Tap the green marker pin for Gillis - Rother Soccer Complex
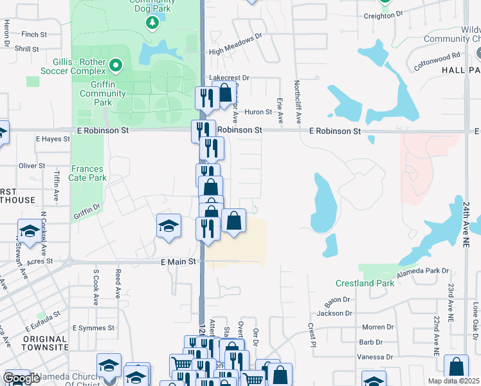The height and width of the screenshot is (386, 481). click(x=116, y=64)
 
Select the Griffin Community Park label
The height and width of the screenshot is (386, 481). click(x=103, y=93)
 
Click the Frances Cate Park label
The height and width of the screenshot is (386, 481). click(x=87, y=174)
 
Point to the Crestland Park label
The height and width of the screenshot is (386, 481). click(x=365, y=283)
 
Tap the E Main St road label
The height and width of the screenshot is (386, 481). click(x=177, y=262)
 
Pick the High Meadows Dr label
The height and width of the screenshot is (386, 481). click(x=236, y=44)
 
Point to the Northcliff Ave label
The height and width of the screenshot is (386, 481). click(x=298, y=102)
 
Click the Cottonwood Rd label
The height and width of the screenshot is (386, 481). click(x=437, y=61)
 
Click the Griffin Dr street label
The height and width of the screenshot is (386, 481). click(x=87, y=211)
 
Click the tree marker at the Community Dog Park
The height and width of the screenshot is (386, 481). click(x=152, y=24)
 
